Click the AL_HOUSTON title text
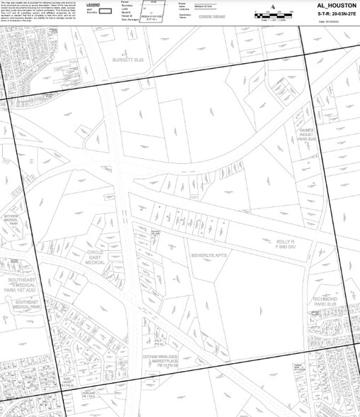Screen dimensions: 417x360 click(327, 5)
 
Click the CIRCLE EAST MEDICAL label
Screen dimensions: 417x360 click(95, 257)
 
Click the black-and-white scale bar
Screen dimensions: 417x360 click(272, 15)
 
